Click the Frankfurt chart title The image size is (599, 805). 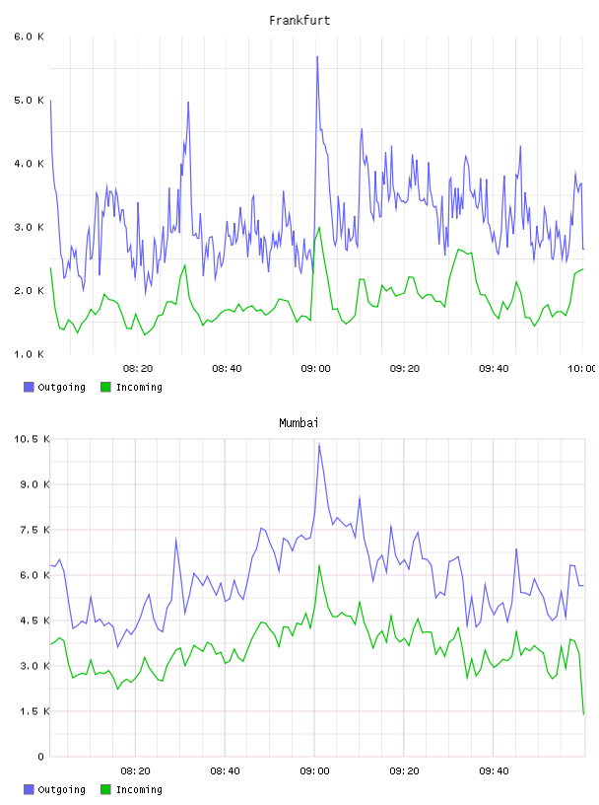pos(299,21)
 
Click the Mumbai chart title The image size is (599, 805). pos(299,423)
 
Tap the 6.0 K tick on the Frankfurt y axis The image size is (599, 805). pos(30,37)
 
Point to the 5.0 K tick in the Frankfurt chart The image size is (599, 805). pos(30,100)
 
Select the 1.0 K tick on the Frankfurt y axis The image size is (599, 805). pos(30,354)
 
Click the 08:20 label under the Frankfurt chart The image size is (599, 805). pos(138,369)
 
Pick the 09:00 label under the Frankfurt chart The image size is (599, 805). pos(316,369)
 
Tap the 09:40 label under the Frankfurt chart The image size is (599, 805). pos(494,369)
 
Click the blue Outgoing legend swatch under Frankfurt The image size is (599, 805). pos(29,387)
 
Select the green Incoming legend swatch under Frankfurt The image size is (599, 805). pos(105,387)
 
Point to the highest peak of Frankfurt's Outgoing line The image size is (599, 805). pos(317,56)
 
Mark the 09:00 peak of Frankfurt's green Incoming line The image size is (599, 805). pos(320,227)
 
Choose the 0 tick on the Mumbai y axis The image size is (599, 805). pos(41,757)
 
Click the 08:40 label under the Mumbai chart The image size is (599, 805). pos(226,771)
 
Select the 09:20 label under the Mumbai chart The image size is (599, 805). pos(404,771)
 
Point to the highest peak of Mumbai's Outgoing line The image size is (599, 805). pos(319,444)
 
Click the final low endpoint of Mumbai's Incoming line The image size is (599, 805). pos(583,714)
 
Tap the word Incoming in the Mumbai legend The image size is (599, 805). pos(139,789)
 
